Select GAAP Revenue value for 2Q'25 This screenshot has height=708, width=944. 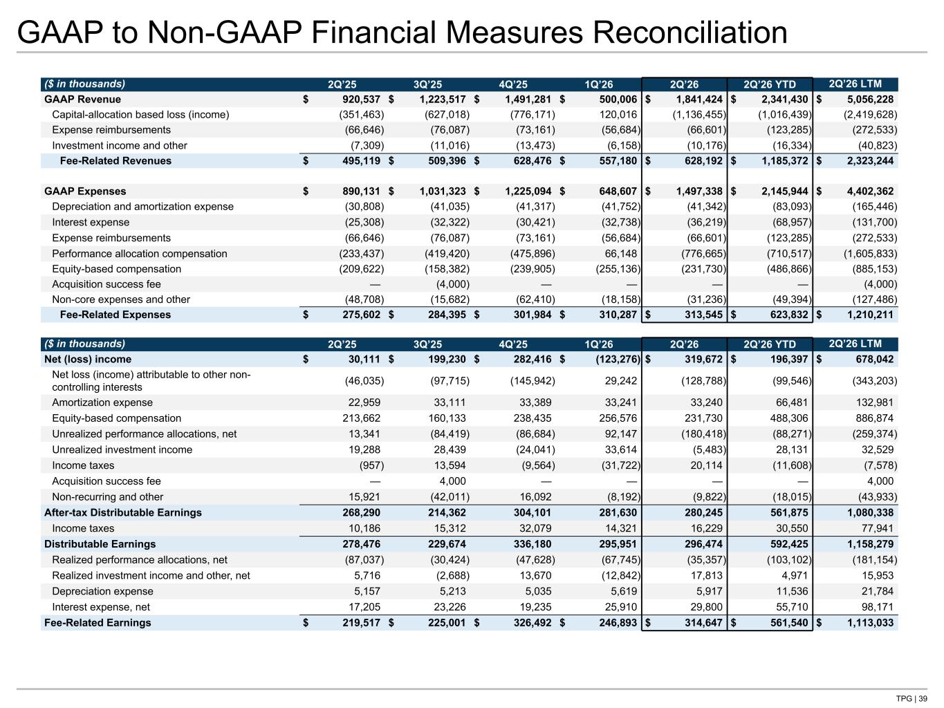tap(361, 100)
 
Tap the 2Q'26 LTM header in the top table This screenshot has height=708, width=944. tap(855, 84)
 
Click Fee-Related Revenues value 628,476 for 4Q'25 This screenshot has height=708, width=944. tap(532, 161)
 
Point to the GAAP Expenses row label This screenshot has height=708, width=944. tap(85, 192)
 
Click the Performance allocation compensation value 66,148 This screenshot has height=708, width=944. tap(620, 254)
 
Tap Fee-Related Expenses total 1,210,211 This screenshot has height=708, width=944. tap(870, 315)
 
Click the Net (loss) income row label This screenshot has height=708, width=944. tap(88, 360)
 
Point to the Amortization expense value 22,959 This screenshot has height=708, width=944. tap(364, 402)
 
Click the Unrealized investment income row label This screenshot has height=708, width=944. tap(122, 449)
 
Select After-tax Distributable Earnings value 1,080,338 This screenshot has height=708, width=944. tap(870, 512)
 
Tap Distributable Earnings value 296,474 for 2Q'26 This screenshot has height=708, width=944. tap(703, 543)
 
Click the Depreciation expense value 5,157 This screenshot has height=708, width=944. tap(367, 591)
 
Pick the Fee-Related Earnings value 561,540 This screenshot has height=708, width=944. tap(789, 622)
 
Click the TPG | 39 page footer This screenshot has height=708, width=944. tap(911, 698)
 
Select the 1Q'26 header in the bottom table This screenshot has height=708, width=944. tap(598, 344)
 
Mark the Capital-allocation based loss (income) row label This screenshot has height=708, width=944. tap(140, 115)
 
